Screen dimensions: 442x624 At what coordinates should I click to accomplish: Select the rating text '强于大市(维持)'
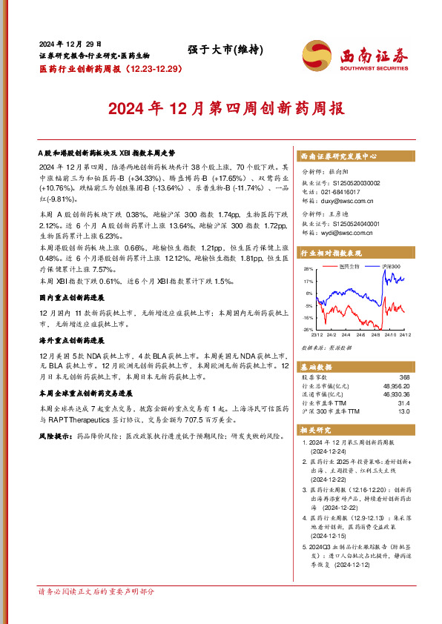click(x=221, y=50)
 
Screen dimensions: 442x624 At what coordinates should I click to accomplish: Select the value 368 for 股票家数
click(x=403, y=378)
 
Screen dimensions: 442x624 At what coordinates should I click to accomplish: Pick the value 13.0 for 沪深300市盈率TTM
click(x=403, y=411)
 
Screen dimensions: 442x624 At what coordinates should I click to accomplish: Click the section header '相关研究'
click(x=315, y=429)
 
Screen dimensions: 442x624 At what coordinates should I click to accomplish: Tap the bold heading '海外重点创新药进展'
click(x=71, y=341)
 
